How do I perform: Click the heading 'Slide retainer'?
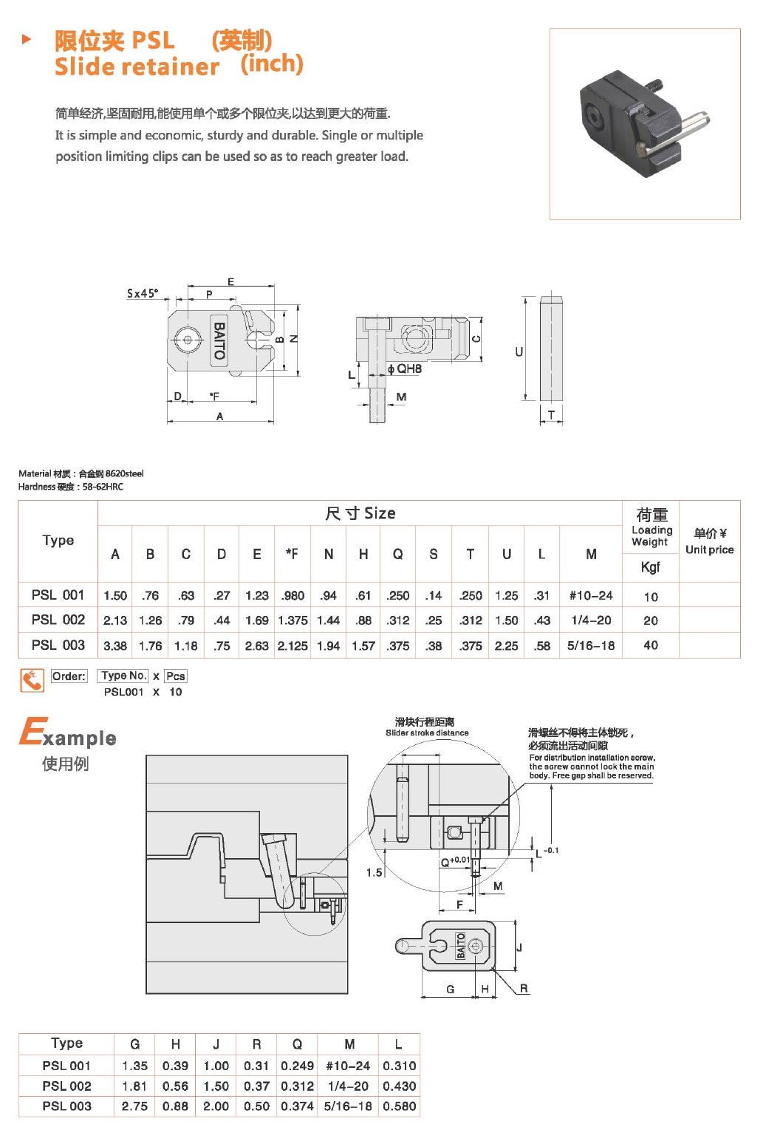point(137,66)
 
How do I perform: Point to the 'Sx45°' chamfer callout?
point(142,293)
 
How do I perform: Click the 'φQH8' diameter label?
point(405,369)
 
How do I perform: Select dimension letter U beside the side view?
point(519,352)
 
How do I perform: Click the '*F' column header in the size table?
point(292,554)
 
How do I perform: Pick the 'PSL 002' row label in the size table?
point(58,620)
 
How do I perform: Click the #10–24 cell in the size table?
point(591,595)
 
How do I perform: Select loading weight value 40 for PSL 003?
point(651,645)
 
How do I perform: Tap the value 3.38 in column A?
point(115,645)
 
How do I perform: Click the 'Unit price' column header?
point(709,549)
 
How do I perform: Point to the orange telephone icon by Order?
point(32,679)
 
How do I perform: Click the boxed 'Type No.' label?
point(123,676)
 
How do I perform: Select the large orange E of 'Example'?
point(31,732)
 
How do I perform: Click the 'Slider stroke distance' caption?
point(427,733)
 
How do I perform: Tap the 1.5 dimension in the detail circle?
point(375,872)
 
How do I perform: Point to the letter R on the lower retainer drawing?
point(524,988)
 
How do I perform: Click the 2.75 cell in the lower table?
point(134,1106)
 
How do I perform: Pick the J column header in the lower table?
point(216,1044)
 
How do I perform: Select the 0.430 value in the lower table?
point(399,1086)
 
